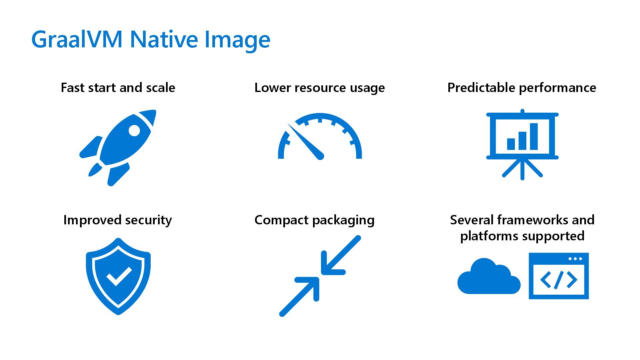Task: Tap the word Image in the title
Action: pos(237,39)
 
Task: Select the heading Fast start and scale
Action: pos(118,88)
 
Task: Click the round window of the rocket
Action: pos(134,130)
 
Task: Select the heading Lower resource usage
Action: pos(319,88)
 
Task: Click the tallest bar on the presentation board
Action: pos(534,137)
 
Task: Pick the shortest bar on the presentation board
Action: pos(511,144)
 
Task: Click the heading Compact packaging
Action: pos(314,220)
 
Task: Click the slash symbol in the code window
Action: pos(559,280)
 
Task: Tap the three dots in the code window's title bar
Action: pos(575,259)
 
